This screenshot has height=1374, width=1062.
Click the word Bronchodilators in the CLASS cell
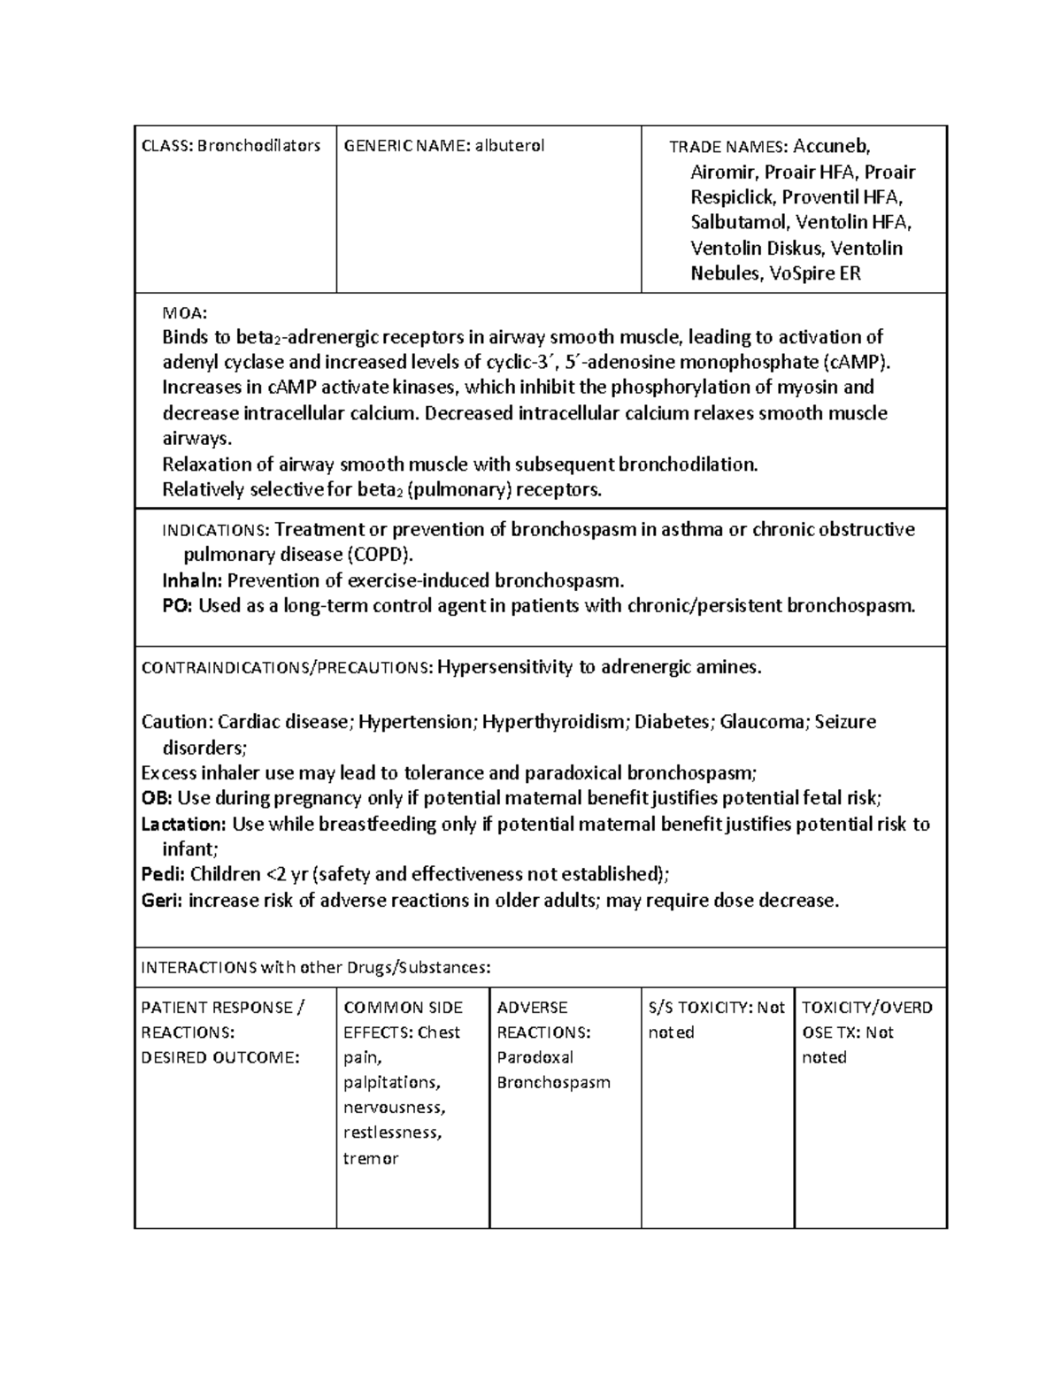pyautogui.click(x=258, y=146)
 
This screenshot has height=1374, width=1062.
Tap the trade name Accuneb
pyautogui.click(x=832, y=146)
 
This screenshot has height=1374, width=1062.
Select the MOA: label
pyautogui.click(x=185, y=312)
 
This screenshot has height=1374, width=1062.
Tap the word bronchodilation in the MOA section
pyautogui.click(x=688, y=464)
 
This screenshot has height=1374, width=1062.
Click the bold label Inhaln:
pyautogui.click(x=193, y=581)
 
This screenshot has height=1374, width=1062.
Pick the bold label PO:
pyautogui.click(x=177, y=606)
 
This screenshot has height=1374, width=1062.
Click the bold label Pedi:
pyautogui.click(x=164, y=875)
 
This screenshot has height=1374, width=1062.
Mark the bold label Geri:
pyautogui.click(x=162, y=901)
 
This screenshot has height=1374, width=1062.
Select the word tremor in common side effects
pyautogui.click(x=371, y=1159)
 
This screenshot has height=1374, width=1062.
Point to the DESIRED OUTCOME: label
pyautogui.click(x=220, y=1058)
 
